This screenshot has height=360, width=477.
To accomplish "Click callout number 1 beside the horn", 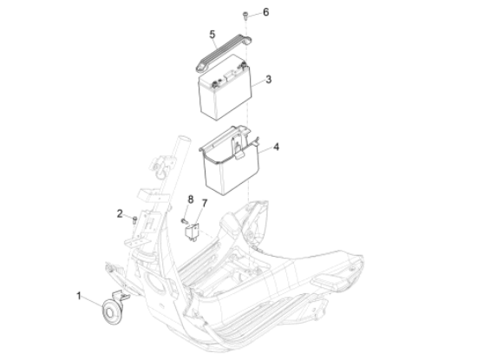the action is click(x=79, y=296).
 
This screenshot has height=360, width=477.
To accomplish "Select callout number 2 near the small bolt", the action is click(x=120, y=213).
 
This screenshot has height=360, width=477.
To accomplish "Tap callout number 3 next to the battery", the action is click(x=268, y=80).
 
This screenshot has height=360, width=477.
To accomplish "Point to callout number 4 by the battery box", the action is click(x=276, y=147).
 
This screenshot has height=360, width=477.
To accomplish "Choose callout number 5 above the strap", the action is click(x=212, y=35).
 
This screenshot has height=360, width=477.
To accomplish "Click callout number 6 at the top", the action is click(x=266, y=12).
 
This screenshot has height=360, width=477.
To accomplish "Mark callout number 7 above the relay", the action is click(x=204, y=203).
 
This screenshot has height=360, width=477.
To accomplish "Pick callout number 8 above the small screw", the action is click(x=191, y=200).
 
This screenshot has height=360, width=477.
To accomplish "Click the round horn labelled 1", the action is click(x=111, y=311).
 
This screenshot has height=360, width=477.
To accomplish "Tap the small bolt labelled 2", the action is click(x=134, y=219).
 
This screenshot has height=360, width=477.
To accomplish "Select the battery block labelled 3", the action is click(x=225, y=88).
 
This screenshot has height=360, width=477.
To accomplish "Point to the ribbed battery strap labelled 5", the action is click(x=223, y=54).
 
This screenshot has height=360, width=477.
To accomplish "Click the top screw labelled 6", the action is click(x=245, y=15).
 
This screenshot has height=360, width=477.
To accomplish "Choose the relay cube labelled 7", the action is click(x=192, y=232).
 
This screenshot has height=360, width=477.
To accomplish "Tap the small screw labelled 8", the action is click(x=184, y=221).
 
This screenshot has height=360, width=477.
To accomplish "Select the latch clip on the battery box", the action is click(x=238, y=149).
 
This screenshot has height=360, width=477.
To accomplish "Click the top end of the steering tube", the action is click(x=185, y=140).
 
